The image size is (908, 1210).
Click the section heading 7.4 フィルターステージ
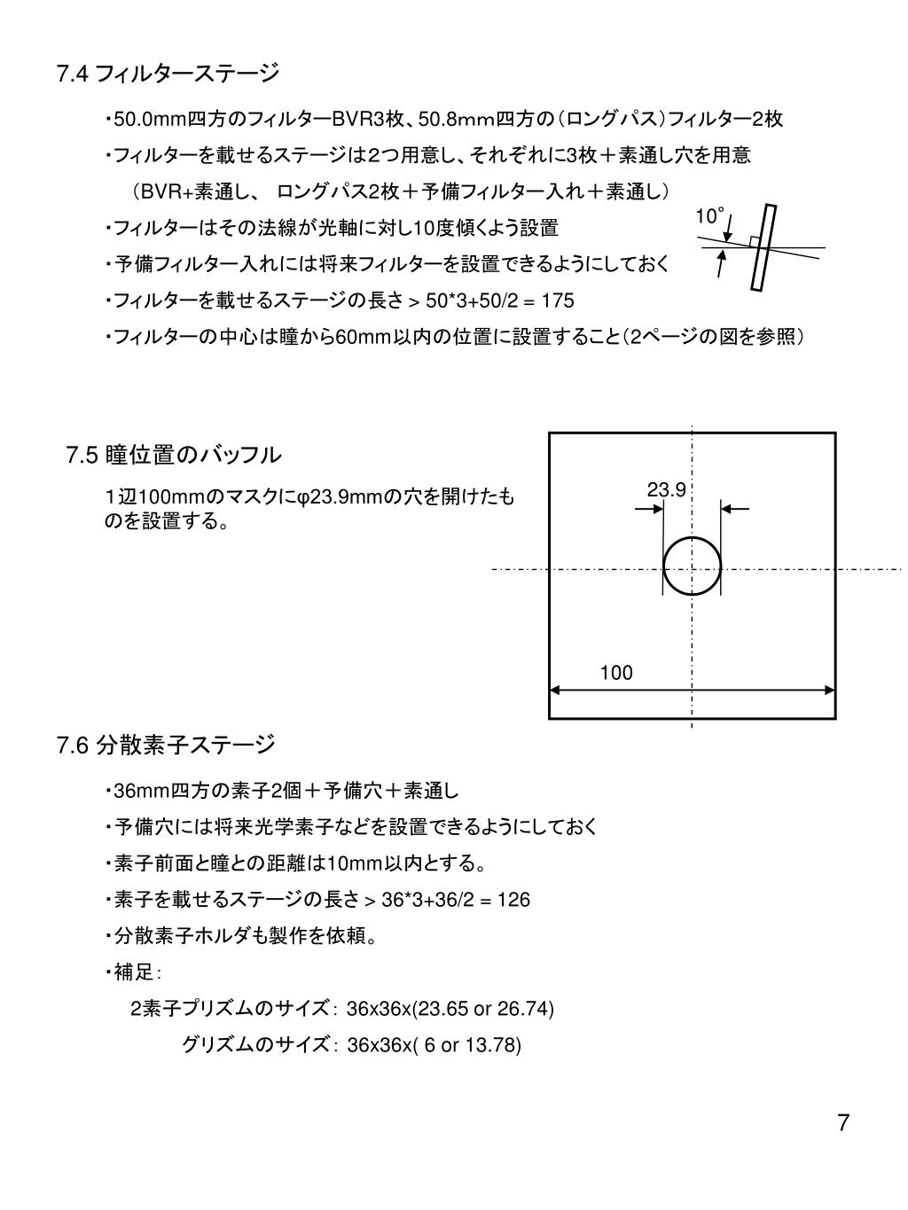click(168, 73)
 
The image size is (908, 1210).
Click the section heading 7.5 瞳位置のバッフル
click(174, 456)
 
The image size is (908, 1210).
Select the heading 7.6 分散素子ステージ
click(166, 745)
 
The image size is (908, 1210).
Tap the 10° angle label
click(709, 216)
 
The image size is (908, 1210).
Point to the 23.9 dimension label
click(666, 490)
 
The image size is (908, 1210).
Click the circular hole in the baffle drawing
click(693, 567)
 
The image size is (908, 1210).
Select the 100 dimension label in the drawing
click(616, 673)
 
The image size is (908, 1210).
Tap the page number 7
click(842, 1123)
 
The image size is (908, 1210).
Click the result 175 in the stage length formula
click(558, 301)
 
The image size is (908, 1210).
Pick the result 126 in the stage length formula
click(513, 900)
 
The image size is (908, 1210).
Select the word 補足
click(134, 973)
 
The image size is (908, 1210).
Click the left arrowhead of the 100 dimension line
click(556, 690)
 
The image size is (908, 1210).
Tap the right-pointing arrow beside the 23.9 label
click(650, 509)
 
